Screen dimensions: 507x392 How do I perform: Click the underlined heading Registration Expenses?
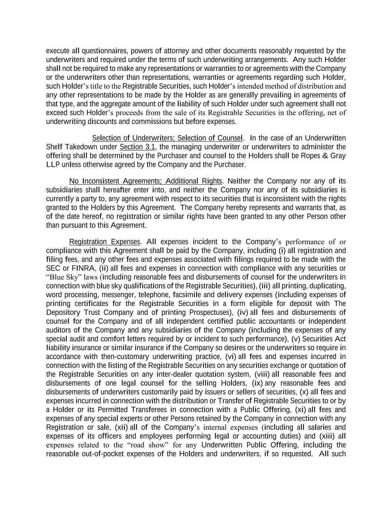pos(104,242)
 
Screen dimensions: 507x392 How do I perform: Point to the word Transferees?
pos(149,410)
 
